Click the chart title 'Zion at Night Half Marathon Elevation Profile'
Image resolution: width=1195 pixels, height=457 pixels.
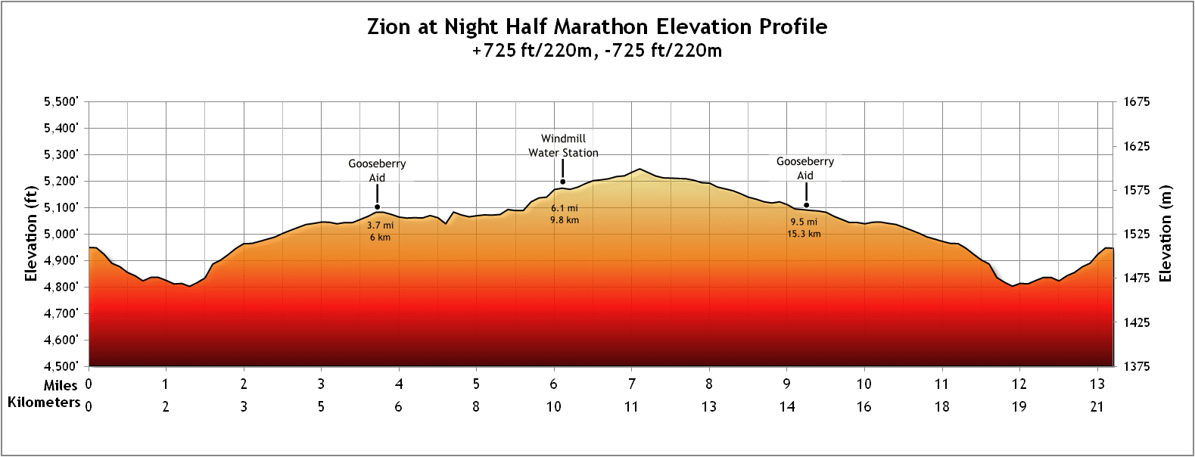[597, 26]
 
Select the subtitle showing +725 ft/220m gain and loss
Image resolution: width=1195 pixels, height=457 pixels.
[597, 51]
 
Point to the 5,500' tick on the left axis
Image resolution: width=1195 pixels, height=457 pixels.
[61, 101]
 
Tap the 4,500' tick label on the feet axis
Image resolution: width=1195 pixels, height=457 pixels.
[61, 366]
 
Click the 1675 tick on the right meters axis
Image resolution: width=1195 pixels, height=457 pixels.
[1137, 101]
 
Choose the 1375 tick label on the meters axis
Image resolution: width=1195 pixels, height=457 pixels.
[1137, 366]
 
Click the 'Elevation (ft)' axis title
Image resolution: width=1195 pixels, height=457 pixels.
[31, 234]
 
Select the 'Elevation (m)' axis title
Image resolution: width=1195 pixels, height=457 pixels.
[1165, 234]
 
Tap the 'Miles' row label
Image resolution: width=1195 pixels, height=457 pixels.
[61, 385]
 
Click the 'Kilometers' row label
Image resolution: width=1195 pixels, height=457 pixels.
[44, 403]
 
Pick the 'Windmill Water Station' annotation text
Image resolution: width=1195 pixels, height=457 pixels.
[563, 145]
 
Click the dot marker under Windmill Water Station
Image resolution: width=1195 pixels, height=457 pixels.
[563, 182]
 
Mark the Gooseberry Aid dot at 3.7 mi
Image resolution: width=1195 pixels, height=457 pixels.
[377, 207]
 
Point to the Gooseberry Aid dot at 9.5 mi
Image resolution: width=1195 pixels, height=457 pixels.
[806, 205]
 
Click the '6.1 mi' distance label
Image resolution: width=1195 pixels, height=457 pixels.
[565, 208]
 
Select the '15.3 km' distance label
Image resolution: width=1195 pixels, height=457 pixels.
[804, 234]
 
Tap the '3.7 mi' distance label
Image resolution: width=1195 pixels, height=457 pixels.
[380, 225]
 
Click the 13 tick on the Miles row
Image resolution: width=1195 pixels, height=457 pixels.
[1097, 384]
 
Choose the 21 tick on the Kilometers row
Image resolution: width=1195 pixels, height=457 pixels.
[1097, 406]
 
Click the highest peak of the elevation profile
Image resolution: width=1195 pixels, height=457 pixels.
[640, 169]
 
